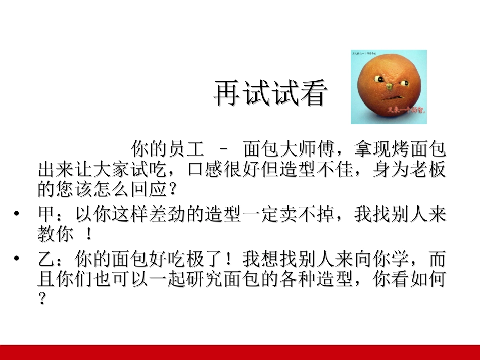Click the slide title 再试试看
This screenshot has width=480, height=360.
(270, 93)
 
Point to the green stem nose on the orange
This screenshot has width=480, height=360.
(390, 86)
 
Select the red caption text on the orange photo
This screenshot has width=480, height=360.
(406, 109)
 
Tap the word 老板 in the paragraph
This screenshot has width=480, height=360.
(427, 170)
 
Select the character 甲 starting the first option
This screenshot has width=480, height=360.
(47, 215)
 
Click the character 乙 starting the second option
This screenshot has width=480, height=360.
(46, 260)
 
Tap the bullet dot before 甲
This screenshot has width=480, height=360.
(17, 215)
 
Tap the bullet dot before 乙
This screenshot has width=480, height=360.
(17, 260)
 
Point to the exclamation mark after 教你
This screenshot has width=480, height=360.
(89, 234)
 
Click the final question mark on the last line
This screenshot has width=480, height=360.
(42, 299)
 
